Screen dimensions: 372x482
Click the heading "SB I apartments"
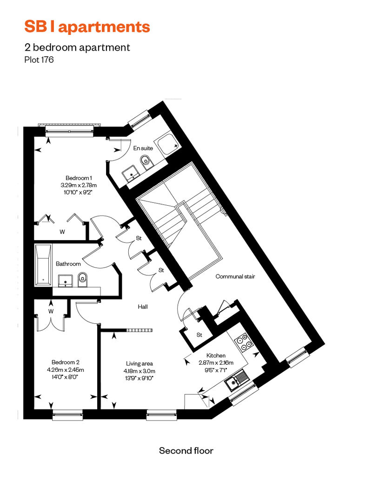point(87,27)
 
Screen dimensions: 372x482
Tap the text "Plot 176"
point(39,60)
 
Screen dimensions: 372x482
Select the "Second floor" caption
point(186,451)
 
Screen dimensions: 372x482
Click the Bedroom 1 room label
point(79,178)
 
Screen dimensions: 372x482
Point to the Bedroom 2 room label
point(66,362)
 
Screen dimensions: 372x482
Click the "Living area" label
point(139,364)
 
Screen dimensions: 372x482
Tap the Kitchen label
point(216,355)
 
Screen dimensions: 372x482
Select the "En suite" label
point(143,148)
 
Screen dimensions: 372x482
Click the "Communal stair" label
point(235,276)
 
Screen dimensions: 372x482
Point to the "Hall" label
point(143,307)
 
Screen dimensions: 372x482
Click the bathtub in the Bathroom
point(43,265)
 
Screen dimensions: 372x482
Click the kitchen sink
point(237,381)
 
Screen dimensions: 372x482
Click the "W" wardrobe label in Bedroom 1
point(62,232)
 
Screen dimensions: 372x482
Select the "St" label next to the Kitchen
point(199,335)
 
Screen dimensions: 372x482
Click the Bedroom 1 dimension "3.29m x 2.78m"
point(79,185)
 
